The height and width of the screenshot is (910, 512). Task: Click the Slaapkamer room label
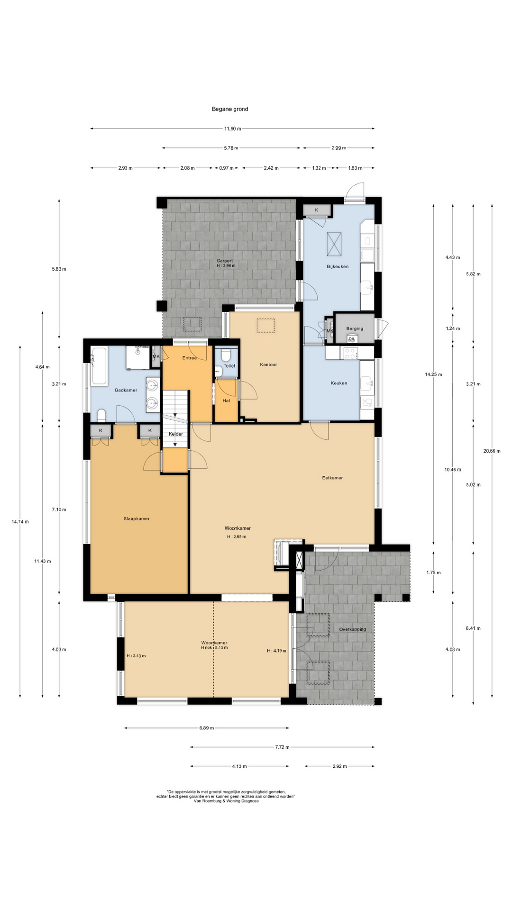point(137,519)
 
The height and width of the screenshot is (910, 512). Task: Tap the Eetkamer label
point(332,478)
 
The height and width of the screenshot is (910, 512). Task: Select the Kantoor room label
point(268,364)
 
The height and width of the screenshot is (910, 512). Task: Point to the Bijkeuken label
point(338,266)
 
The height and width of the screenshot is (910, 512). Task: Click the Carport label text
point(225,261)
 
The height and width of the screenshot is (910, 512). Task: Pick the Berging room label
point(355,328)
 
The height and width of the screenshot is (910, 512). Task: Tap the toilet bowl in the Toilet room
point(226,355)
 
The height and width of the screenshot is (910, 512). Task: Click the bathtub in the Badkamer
point(100,366)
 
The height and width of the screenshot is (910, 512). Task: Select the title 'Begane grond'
point(230,109)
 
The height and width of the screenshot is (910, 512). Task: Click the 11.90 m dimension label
point(232,128)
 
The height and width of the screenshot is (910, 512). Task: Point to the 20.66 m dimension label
point(492,451)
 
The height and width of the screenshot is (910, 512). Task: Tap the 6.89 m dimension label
point(206,728)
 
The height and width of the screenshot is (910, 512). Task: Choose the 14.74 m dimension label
point(20,522)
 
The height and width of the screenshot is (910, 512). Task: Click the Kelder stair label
point(175,434)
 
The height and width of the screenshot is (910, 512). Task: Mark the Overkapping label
point(352,629)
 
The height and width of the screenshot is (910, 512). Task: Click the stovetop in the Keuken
point(350,353)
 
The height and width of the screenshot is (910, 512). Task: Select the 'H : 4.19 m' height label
point(276,651)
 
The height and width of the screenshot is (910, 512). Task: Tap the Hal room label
point(226,400)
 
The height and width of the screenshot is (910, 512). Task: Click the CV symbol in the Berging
point(351,339)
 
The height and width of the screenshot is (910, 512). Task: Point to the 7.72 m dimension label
point(282,747)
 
